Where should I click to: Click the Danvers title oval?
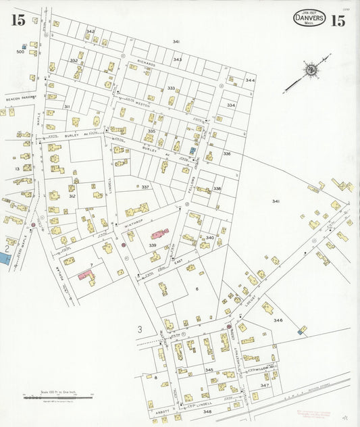pyautogui.click(x=309, y=18)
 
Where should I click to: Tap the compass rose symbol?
pyautogui.click(x=311, y=69)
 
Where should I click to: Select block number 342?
pyautogui.click(x=90, y=32)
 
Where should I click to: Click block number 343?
pyautogui.click(x=178, y=59)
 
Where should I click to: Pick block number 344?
pyautogui.click(x=250, y=80)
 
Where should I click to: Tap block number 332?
pyautogui.click(x=74, y=61)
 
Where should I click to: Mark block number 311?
pyautogui.click(x=67, y=107)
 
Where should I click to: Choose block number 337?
pyautogui.click(x=145, y=186)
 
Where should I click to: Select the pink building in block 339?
pyautogui.click(x=160, y=234)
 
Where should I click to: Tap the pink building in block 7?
pyautogui.click(x=86, y=276)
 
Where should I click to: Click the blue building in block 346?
pyautogui.click(x=299, y=332)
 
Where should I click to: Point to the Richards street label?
pyautogui.click(x=147, y=64)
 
